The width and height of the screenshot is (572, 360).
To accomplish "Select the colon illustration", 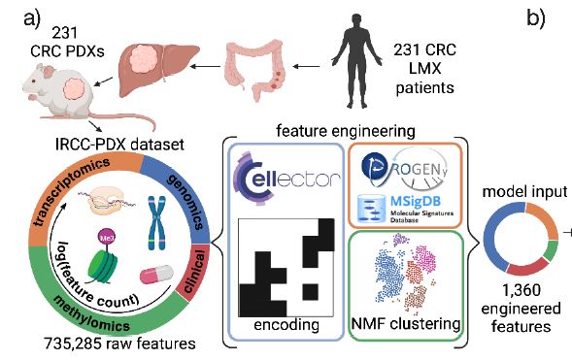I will click(x=255, y=71).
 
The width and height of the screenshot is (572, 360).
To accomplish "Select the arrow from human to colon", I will click(x=305, y=67).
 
